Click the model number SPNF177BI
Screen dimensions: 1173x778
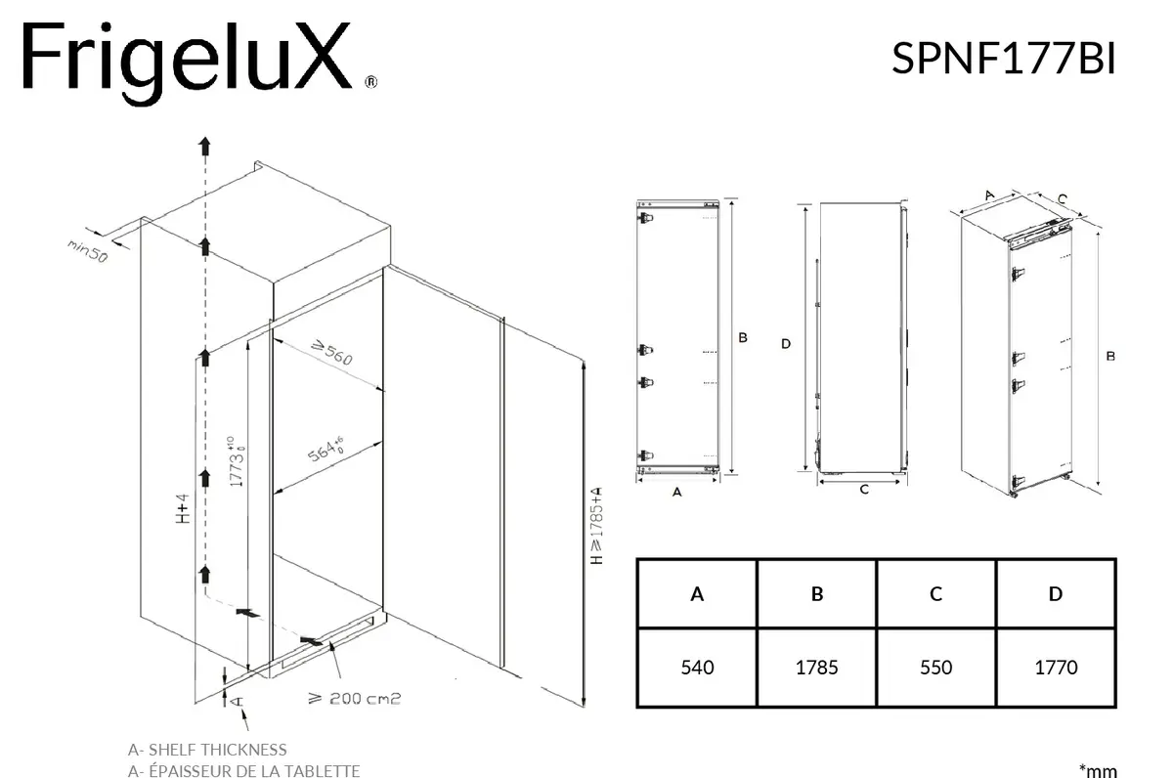click(x=1003, y=58)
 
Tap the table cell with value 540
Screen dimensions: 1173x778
click(x=697, y=668)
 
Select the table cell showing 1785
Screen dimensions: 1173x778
click(x=816, y=668)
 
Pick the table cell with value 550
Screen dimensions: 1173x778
click(x=935, y=668)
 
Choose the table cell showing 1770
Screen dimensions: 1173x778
click(x=1056, y=668)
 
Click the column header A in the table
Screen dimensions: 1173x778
click(x=697, y=594)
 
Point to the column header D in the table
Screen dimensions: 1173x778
click(x=1056, y=594)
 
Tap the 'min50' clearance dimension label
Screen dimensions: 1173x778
click(x=87, y=251)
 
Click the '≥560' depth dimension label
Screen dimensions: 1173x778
click(x=332, y=353)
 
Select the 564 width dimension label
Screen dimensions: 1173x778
click(x=326, y=450)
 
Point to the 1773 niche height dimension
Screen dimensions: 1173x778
click(x=237, y=461)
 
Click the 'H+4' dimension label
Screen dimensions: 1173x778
click(x=182, y=508)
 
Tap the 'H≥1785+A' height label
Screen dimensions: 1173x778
click(x=596, y=526)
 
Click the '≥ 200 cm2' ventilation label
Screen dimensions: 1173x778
click(x=355, y=699)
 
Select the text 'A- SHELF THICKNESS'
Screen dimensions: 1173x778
click(x=207, y=750)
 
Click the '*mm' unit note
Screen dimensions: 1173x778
click(x=1098, y=771)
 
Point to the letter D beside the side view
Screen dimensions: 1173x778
click(x=786, y=344)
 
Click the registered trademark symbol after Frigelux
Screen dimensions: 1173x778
click(x=370, y=82)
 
